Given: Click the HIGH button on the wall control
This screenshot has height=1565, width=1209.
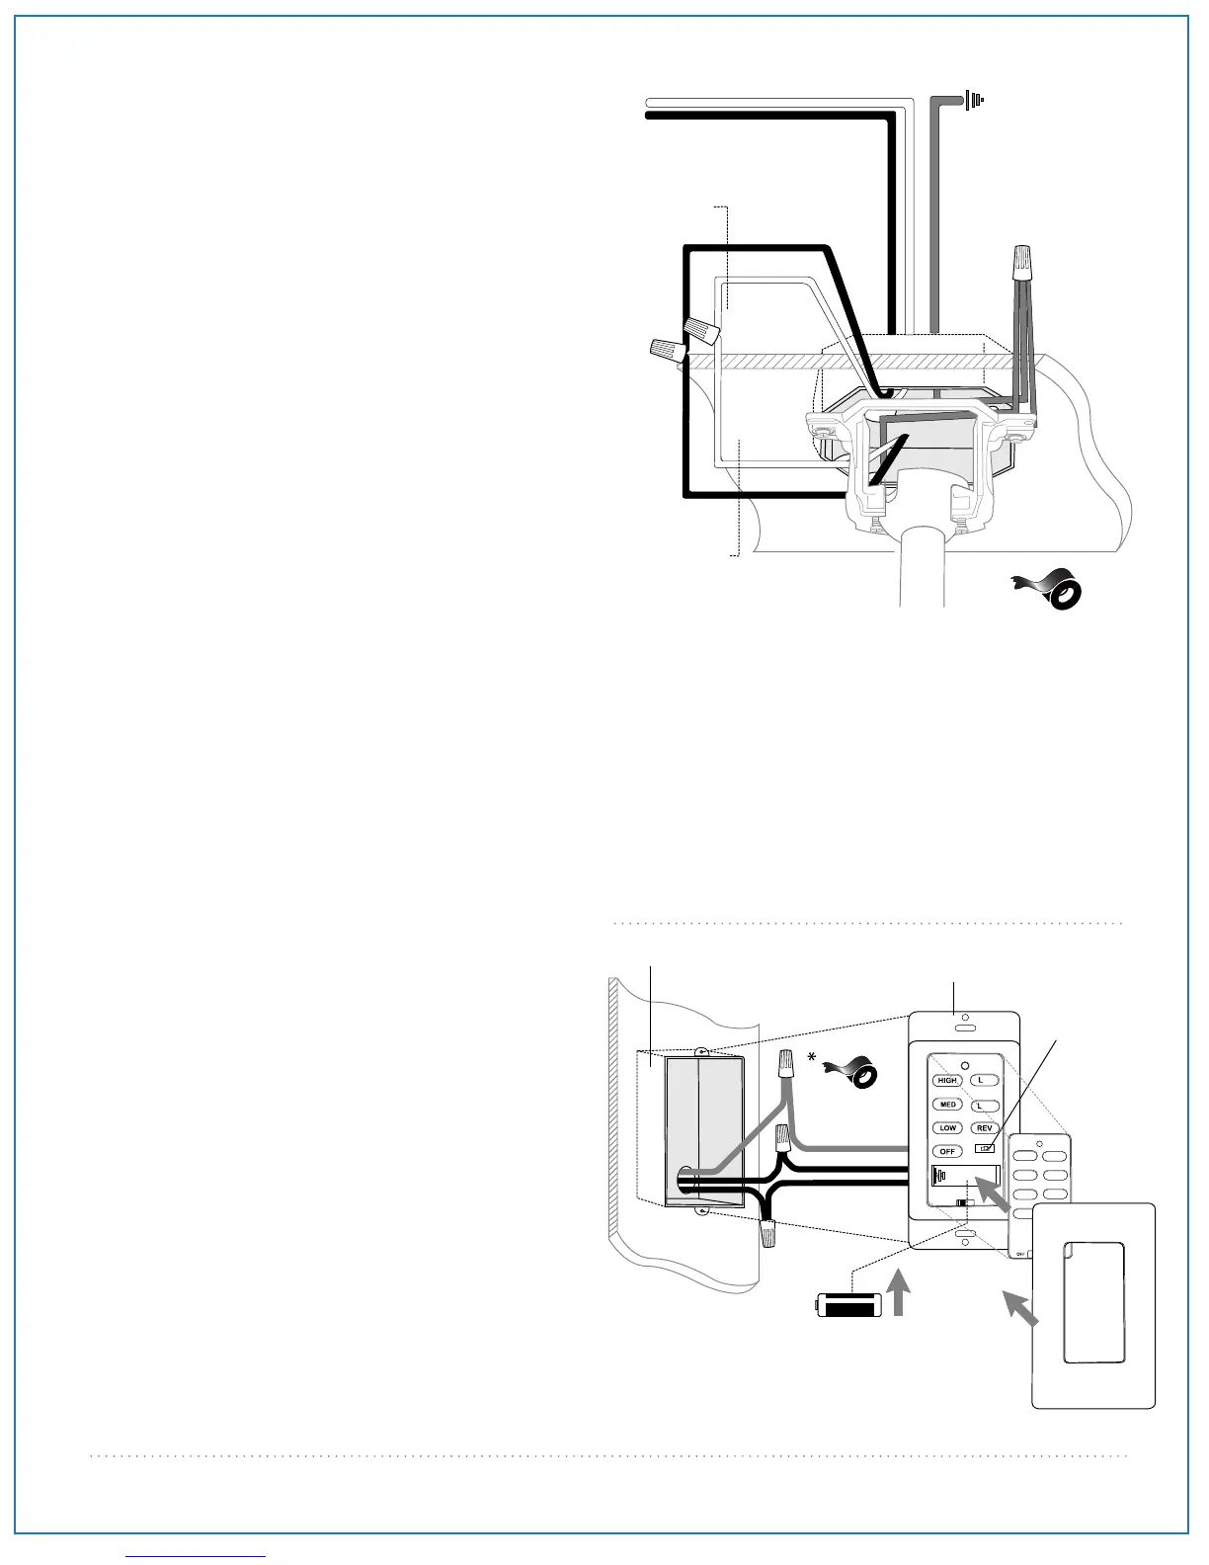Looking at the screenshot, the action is pos(947,1081).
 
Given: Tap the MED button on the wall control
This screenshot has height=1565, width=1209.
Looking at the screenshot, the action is pos(947,1105).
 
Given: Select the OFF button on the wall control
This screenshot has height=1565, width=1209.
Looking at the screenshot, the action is pos(947,1152).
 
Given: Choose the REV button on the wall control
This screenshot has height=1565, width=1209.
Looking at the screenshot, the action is pos(984,1128).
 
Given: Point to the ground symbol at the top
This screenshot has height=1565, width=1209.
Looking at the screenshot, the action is pos(975,100).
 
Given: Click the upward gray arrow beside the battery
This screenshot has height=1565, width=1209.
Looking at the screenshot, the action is pos(899,1294).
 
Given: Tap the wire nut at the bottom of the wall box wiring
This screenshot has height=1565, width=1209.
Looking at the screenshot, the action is pos(767,1233).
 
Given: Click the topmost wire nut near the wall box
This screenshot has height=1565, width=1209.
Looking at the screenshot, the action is pos(787,1065).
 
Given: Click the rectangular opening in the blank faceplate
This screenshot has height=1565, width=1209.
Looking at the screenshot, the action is pos(1093,1302).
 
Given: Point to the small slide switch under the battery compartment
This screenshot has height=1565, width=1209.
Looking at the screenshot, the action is pos(964,1203).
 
